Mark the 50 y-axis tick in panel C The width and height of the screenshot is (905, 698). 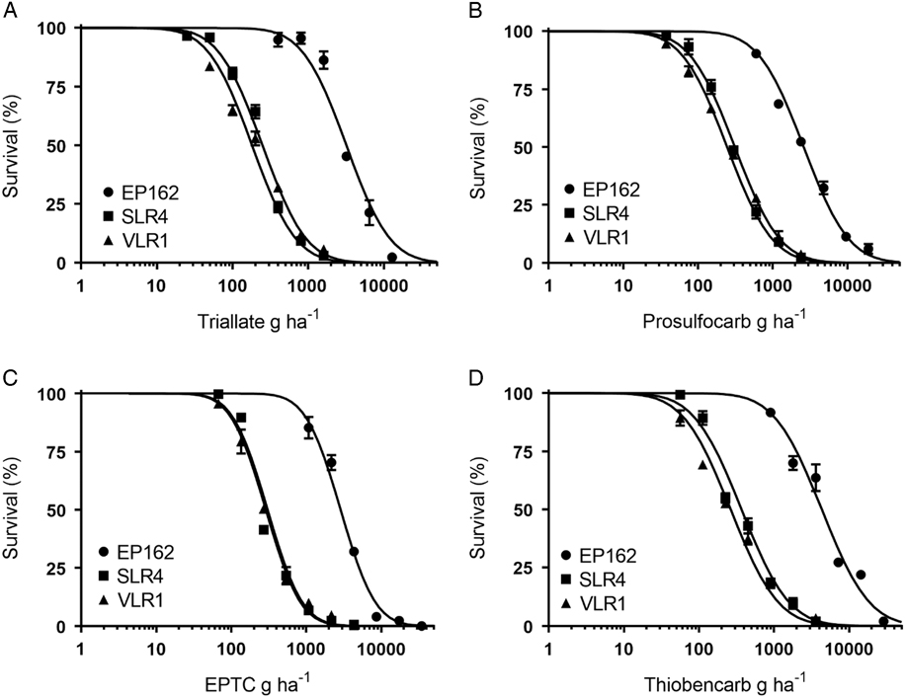[x=62, y=510]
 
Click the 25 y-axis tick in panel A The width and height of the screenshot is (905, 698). [x=62, y=204]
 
